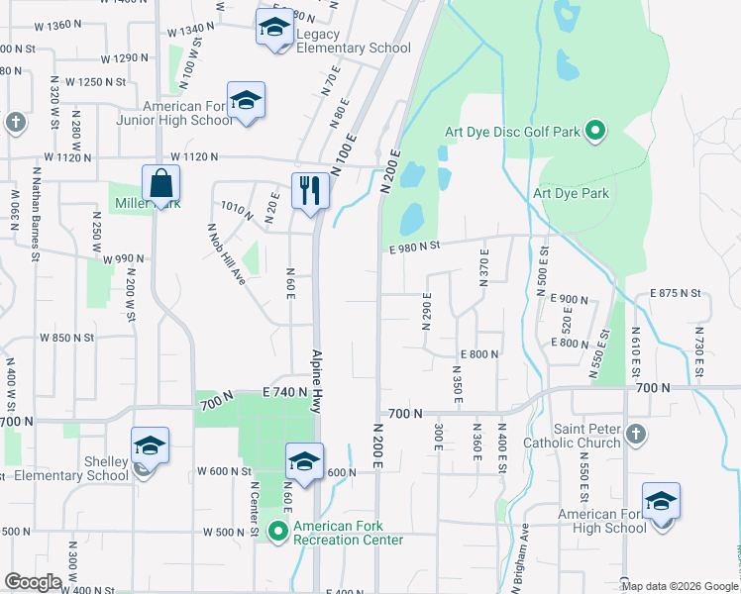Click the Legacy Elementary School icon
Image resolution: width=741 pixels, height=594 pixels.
click(273, 27)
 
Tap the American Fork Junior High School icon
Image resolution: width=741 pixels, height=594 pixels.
click(246, 100)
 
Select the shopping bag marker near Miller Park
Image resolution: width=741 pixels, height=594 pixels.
click(159, 183)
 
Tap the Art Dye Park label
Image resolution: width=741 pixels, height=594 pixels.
click(571, 194)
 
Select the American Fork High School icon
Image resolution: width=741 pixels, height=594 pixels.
click(660, 501)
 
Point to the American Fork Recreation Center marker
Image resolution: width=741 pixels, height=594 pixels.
click(278, 532)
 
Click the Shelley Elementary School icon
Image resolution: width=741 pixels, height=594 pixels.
click(149, 445)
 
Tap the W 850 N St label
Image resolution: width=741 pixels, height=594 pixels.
click(66, 338)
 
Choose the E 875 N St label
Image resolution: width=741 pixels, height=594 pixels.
click(675, 294)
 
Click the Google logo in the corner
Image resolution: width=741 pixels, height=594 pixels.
click(33, 582)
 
